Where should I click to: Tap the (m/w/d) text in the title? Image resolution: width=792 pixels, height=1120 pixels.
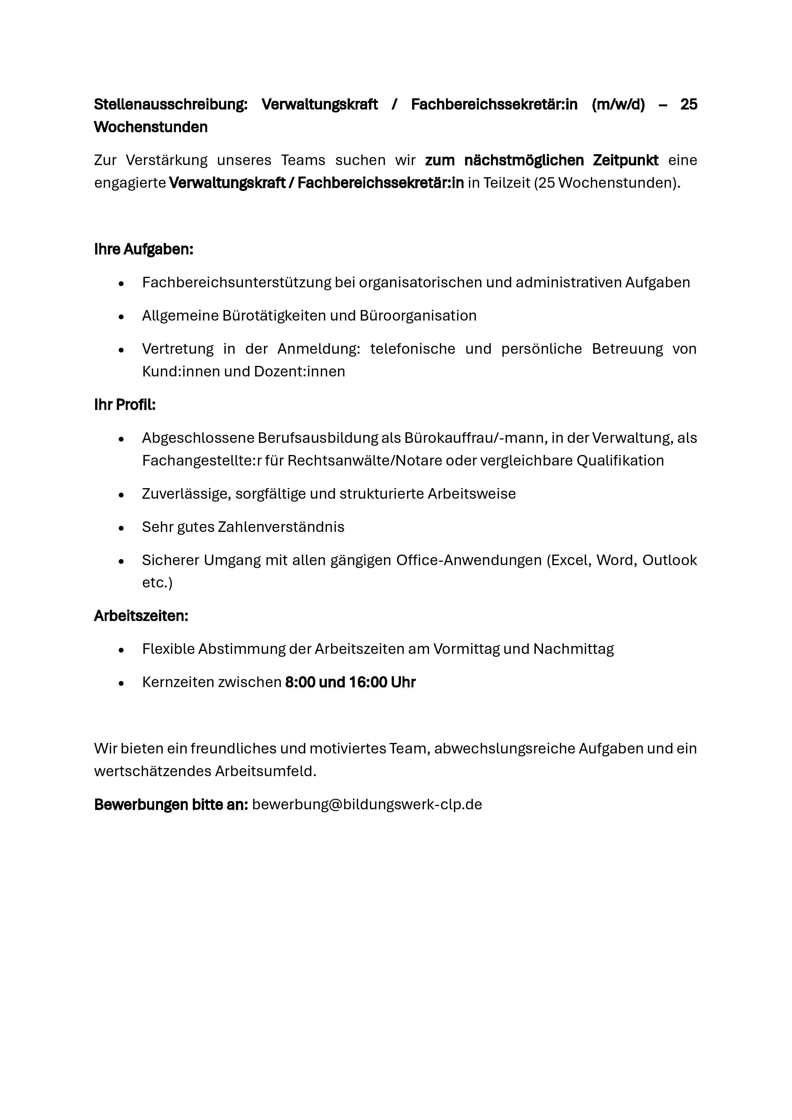coord(618,104)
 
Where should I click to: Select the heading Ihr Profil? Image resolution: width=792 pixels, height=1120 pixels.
coord(125,405)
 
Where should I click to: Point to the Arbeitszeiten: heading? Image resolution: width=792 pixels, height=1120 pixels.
coord(141,616)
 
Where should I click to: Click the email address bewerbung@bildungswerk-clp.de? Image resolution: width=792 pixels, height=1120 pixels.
coord(367,804)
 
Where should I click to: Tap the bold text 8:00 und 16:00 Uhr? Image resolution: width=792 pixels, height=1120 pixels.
coord(350,682)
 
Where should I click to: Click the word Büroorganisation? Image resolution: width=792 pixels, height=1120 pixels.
coord(418,316)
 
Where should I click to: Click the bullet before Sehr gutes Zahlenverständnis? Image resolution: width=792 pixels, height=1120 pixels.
coord(121,528)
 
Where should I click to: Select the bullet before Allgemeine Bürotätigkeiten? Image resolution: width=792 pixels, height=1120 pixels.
coord(121,317)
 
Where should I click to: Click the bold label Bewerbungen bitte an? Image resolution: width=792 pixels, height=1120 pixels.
coord(171,804)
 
